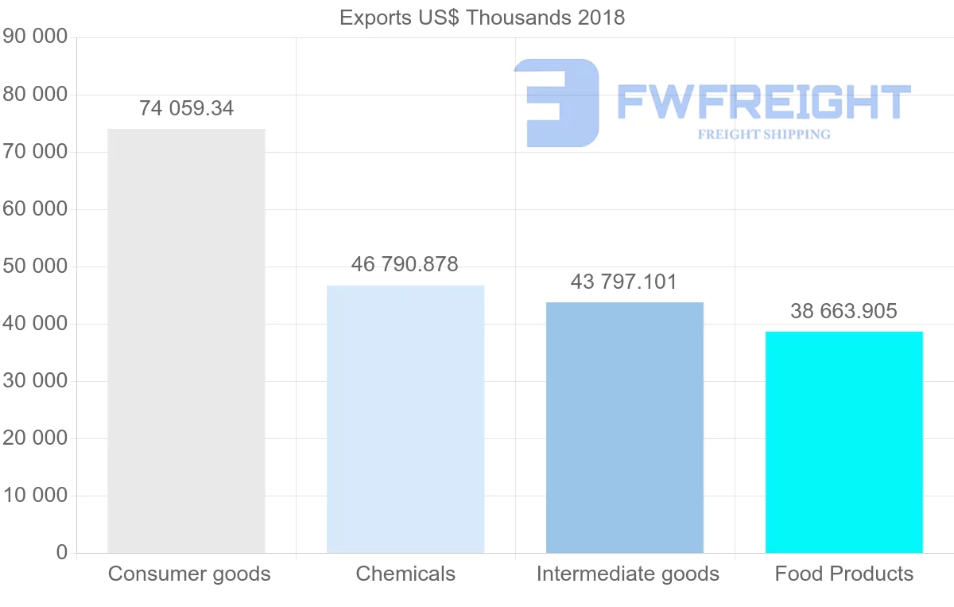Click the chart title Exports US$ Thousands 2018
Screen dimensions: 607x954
point(482,18)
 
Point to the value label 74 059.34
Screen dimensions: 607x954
point(187,109)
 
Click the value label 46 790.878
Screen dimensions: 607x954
point(405,265)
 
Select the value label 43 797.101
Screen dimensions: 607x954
point(624,282)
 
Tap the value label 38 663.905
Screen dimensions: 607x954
point(843,312)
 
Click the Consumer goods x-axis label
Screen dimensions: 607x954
point(189,574)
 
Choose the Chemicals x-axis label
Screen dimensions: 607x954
point(405,574)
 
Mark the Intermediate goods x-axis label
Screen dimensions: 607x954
point(627,574)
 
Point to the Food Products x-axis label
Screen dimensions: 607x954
point(844,574)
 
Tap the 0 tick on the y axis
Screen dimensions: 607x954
point(62,553)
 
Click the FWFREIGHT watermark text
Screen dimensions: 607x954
point(763,103)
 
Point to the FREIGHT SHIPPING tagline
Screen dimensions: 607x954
point(764,134)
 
